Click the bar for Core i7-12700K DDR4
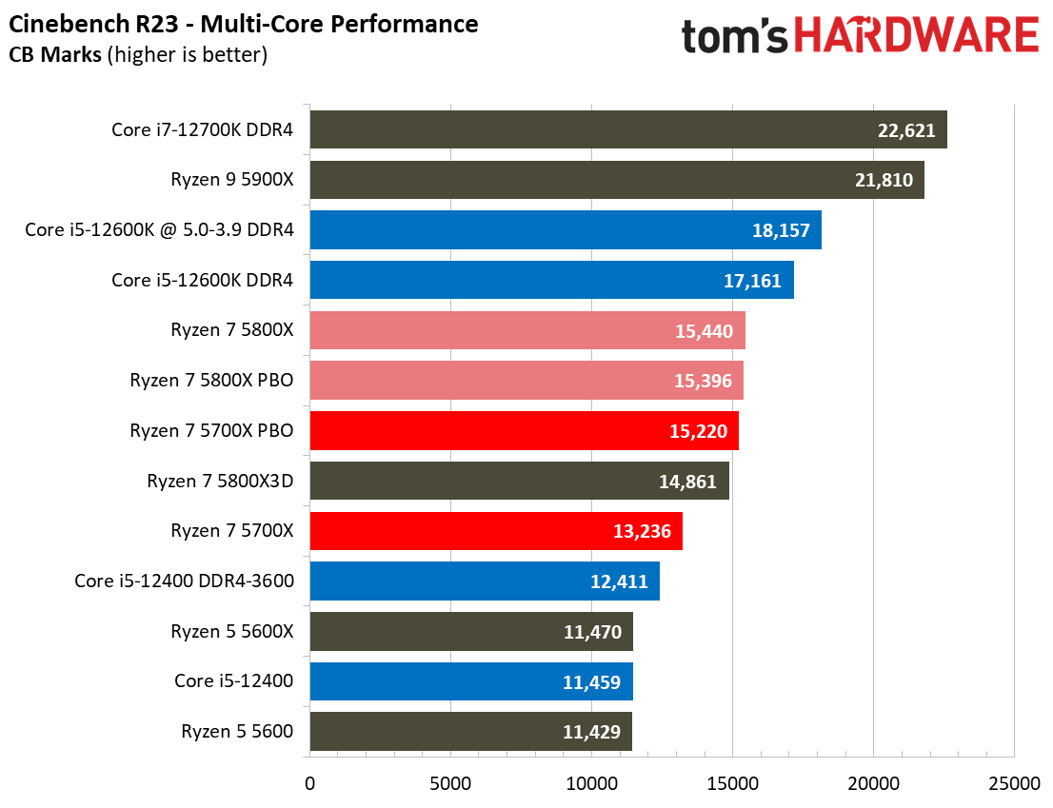point(627,129)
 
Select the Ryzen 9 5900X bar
point(616,180)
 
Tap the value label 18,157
point(782,230)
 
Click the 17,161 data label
point(754,281)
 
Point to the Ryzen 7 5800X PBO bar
point(526,381)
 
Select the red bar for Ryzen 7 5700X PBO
point(523,431)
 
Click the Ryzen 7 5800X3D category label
point(220,481)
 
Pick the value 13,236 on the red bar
point(643,531)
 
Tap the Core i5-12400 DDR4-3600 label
point(184,581)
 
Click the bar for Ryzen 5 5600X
point(470,631)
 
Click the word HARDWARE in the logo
point(916,36)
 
